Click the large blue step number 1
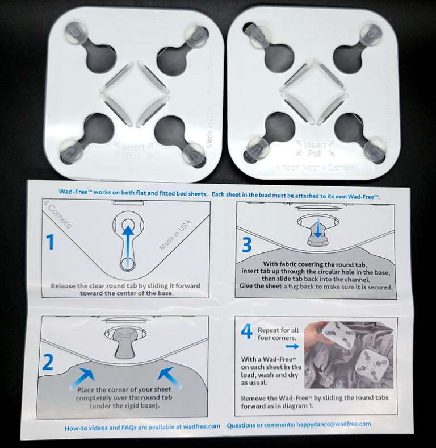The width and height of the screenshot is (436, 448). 51,243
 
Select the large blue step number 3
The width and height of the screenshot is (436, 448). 246,245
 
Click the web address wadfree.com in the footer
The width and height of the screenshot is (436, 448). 200,425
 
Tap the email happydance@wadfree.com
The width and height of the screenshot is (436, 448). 335,424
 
